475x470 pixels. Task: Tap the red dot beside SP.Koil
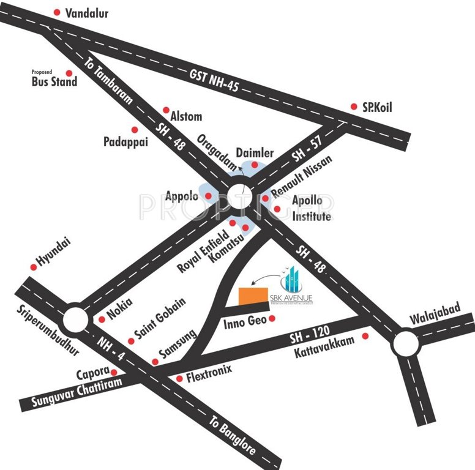353,106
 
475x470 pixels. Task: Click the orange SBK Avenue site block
253,295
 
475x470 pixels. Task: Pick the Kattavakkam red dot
365,336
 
